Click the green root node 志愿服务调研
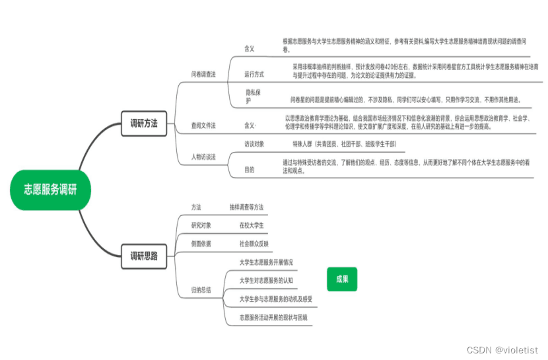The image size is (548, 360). pos(50,190)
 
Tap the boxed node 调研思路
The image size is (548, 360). pos(143,256)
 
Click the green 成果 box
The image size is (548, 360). pos(342,279)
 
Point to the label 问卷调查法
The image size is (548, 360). pos(203,75)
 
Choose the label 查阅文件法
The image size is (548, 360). pos(203,124)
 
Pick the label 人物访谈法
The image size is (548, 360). pos(203,157)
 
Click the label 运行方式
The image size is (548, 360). pos(254,74)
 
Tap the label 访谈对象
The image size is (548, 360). pos(254,143)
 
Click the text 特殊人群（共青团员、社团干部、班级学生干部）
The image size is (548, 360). pos(345,143)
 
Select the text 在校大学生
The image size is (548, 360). pos(252,225)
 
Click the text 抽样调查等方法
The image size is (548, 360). pos(246,207)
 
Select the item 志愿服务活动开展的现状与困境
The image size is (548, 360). pos(273,318)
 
